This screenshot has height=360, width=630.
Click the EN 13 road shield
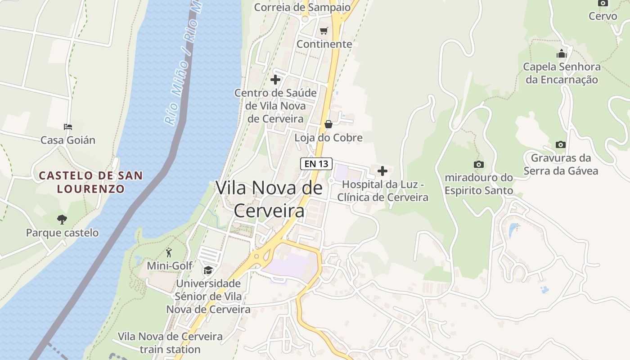(x=316, y=164)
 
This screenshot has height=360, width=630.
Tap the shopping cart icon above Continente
(x=324, y=31)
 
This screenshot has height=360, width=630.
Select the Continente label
(x=324, y=44)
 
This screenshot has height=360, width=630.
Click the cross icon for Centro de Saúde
(x=275, y=80)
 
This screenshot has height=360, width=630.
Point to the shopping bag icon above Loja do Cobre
(x=328, y=124)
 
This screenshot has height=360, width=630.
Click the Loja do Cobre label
(x=328, y=138)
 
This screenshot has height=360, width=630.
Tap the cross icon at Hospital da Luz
(x=382, y=171)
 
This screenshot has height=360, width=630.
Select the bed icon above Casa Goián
(x=68, y=127)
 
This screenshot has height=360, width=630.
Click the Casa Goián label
(x=68, y=140)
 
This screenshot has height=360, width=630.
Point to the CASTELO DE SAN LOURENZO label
(x=91, y=182)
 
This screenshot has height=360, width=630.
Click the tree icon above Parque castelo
(x=62, y=220)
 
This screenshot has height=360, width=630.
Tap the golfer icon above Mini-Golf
(x=169, y=252)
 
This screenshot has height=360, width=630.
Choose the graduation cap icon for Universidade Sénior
(x=208, y=270)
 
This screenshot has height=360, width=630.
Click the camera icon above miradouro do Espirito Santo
(x=479, y=164)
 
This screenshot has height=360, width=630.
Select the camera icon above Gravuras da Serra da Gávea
(x=560, y=144)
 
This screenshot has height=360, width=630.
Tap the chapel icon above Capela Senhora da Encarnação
(x=562, y=54)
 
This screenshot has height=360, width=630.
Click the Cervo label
(x=603, y=16)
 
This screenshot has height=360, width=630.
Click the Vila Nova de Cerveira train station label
(x=170, y=343)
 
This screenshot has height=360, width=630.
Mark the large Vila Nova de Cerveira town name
(x=269, y=199)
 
